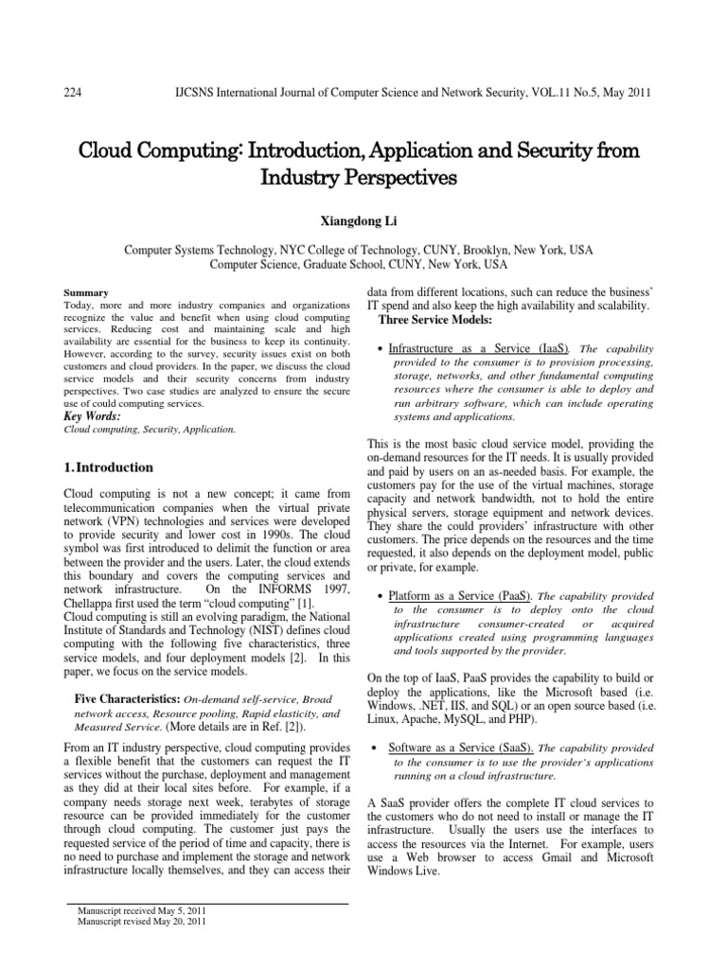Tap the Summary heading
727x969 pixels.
click(x=85, y=292)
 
